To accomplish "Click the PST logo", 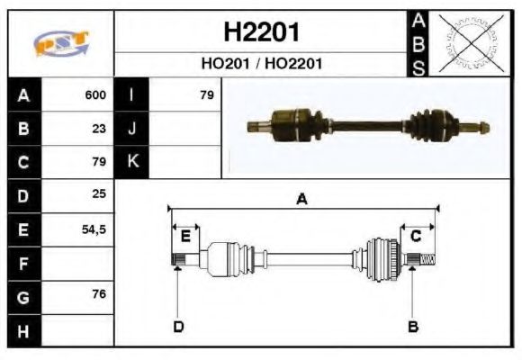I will (60, 43).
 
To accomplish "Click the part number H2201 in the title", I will (261, 33).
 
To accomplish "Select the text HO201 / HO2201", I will (261, 64).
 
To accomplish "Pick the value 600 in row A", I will (95, 94).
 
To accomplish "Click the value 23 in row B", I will (99, 128).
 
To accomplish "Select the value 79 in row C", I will (99, 162).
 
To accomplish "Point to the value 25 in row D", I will (99, 194).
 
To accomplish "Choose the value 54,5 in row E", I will (94, 229).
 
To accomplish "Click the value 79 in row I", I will (207, 94).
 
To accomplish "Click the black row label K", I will (132, 162).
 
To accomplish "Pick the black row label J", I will (132, 128).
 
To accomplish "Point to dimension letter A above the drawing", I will (302, 200).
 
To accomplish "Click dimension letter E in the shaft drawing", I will (185, 237).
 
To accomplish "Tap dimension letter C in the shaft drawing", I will (416, 236).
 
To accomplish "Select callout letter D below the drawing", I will (177, 327).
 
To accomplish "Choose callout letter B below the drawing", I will (413, 327).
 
